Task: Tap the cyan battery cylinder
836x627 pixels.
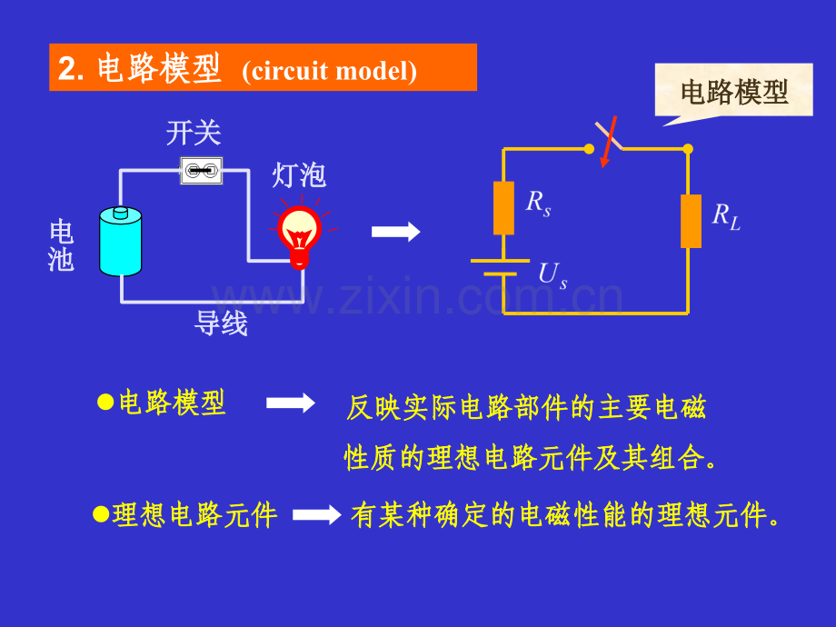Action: coord(121,241)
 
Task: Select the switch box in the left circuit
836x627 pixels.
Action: coord(202,171)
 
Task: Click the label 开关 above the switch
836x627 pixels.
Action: coord(194,133)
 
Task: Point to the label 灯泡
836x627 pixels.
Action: coord(299,174)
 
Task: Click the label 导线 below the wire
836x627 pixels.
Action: coord(221,323)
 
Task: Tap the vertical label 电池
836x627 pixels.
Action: coord(61,245)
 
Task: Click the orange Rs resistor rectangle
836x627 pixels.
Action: coord(503,208)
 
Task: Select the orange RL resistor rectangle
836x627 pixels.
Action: coord(691,221)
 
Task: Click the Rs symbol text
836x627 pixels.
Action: coord(538,204)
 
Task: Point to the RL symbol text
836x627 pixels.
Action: coord(726,216)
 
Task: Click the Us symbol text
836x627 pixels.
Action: coord(552,275)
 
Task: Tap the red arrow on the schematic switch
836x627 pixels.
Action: coord(608,142)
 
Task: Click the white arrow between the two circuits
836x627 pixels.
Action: coord(396,232)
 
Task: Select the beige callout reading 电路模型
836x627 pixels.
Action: coord(733,92)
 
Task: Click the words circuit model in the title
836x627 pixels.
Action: coord(330,71)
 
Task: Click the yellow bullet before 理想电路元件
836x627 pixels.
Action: coord(101,514)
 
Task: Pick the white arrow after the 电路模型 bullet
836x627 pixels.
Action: coord(291,403)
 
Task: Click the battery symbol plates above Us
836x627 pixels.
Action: coord(500,268)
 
